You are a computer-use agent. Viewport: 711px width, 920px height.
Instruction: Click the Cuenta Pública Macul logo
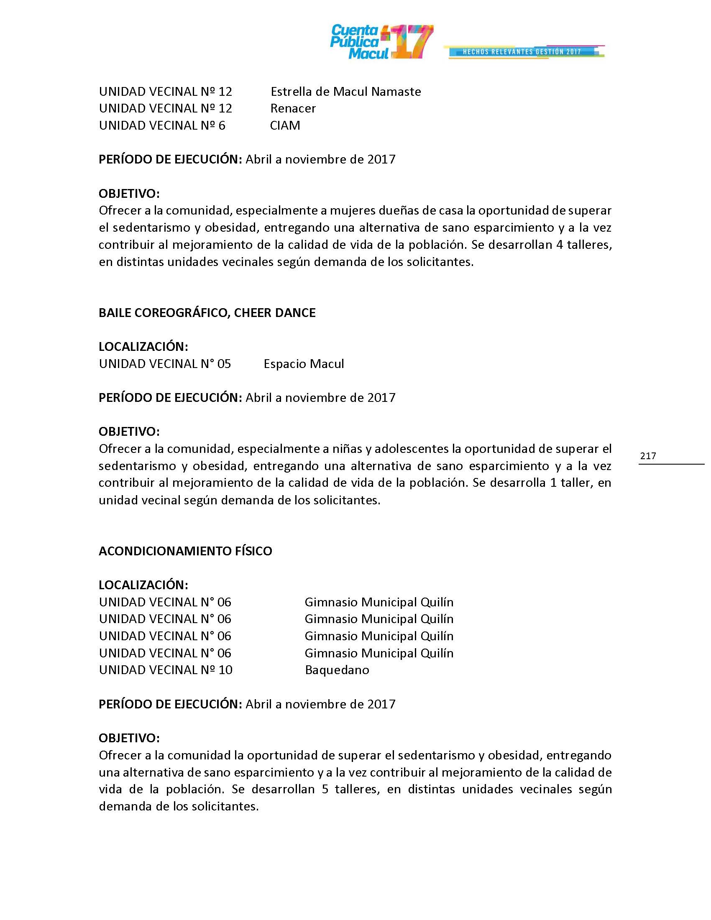tap(381, 42)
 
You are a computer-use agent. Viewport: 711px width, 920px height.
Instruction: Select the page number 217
tap(648, 456)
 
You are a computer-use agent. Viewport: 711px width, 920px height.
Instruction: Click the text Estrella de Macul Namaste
tap(345, 92)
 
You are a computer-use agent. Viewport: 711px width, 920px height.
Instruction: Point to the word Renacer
tap(293, 108)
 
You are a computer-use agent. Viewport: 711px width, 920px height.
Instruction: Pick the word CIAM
tap(285, 125)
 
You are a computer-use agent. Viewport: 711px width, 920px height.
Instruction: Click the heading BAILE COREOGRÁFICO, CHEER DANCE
tap(207, 312)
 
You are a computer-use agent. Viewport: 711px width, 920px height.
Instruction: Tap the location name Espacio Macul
tap(304, 364)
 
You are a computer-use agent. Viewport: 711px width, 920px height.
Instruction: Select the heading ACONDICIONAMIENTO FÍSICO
tap(185, 551)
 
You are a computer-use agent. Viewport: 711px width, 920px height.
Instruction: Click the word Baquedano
tap(337, 670)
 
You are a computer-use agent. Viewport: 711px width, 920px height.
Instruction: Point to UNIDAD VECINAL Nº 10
tap(166, 670)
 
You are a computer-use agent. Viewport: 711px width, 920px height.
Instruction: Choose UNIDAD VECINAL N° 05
tap(165, 364)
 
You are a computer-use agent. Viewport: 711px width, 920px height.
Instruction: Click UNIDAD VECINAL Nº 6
tap(162, 125)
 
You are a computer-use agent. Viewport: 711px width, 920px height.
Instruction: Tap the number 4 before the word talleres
tap(559, 245)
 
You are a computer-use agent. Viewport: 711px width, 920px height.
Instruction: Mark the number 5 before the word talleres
tap(325, 790)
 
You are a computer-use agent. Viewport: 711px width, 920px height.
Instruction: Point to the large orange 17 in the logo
tap(411, 42)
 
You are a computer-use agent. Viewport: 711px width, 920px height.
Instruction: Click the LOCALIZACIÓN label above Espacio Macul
tap(143, 347)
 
